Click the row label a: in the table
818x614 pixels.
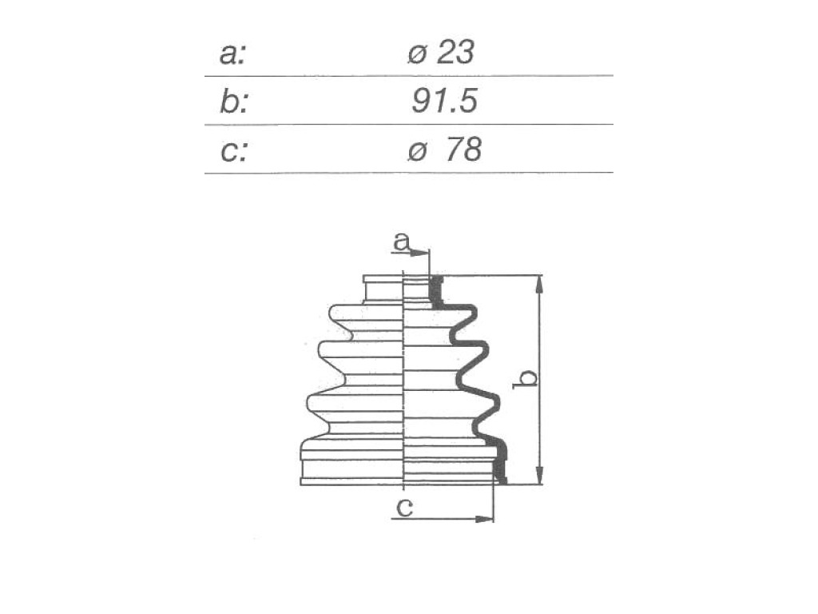(x=232, y=54)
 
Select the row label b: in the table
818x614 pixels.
(x=234, y=102)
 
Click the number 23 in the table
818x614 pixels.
(x=456, y=52)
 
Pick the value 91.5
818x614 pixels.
(x=444, y=101)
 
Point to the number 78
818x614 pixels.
(x=464, y=150)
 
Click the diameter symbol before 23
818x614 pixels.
(x=417, y=54)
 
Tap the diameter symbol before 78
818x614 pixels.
(x=417, y=151)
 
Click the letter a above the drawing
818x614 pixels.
(x=402, y=241)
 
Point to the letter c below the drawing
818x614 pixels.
(x=405, y=506)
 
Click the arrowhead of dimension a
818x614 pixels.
(x=419, y=253)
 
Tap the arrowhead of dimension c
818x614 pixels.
(x=483, y=519)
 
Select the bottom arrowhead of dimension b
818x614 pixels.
(x=539, y=475)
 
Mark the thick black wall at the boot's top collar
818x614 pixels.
(x=435, y=290)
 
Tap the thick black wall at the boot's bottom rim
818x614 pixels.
(x=501, y=461)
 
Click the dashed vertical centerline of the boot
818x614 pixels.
(x=403, y=381)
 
